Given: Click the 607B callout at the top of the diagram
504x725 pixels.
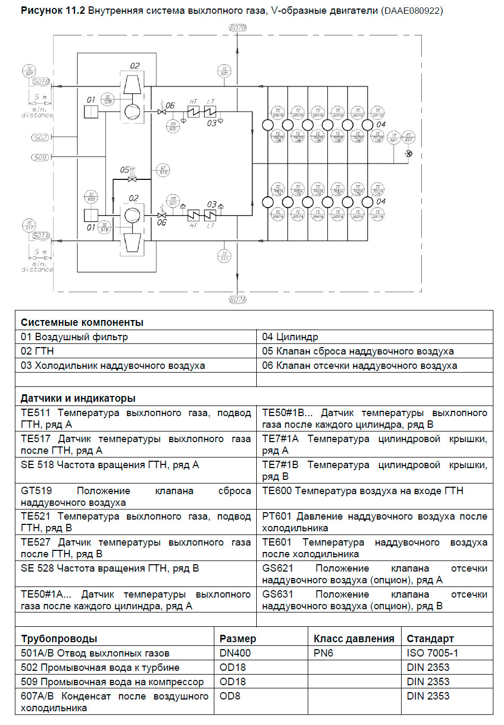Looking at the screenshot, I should point(237,28).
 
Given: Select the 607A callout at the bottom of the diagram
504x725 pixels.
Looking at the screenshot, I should point(237,299).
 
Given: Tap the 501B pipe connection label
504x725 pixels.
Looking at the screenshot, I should point(41,82).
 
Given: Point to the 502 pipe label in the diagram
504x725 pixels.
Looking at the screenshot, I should point(40,137).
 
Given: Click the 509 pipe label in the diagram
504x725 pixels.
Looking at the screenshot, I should point(40,157).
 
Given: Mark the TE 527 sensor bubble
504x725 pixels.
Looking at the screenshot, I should point(29,71).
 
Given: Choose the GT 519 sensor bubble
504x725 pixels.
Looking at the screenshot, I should point(163,170).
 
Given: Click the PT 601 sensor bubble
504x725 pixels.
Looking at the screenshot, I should point(409,137).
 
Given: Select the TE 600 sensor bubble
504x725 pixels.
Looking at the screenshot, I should point(91,197).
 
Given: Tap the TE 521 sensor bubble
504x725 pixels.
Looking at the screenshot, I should point(224,71).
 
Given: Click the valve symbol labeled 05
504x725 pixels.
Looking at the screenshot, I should point(133,179).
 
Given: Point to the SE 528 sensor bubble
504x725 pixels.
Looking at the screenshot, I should point(108,99).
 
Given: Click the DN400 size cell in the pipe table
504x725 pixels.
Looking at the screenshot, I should point(235,653).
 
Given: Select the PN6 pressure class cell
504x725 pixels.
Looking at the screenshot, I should point(323,653).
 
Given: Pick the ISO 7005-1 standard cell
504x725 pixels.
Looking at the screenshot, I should point(432,653).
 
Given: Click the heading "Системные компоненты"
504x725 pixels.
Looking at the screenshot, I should point(82,322).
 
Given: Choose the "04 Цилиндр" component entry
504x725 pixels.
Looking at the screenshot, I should point(290,337).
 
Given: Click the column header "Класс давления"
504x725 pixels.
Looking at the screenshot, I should point(354,638).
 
